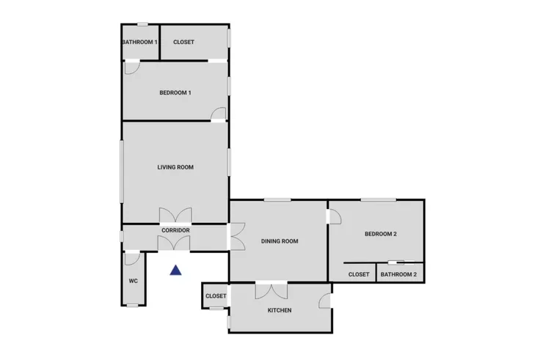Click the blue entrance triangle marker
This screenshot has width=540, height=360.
(x=175, y=271)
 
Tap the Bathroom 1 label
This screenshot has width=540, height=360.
(x=140, y=42)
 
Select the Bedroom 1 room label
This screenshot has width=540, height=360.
(x=175, y=92)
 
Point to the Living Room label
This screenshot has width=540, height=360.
(x=175, y=167)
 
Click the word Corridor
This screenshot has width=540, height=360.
(x=175, y=230)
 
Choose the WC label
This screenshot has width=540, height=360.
(x=134, y=281)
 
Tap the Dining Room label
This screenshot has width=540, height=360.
(x=280, y=241)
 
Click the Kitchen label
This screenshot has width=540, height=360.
(x=280, y=310)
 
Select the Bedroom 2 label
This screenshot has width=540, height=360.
(x=381, y=234)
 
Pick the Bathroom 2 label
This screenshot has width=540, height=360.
(x=399, y=275)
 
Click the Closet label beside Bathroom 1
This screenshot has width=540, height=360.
(x=183, y=42)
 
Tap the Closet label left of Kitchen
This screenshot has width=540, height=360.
(x=216, y=296)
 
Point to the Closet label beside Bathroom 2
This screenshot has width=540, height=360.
(x=359, y=275)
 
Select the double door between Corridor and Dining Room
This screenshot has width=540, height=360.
(x=236, y=236)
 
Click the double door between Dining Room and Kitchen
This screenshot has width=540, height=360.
(x=271, y=290)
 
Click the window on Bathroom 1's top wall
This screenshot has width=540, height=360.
(x=142, y=24)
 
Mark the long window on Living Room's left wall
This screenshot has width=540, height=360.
(x=122, y=171)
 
